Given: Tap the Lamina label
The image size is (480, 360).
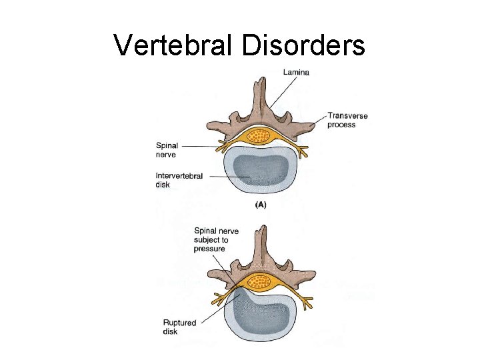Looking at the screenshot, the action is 295,72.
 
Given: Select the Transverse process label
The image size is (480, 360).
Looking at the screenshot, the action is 347,120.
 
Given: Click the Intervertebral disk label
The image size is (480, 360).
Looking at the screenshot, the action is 179,180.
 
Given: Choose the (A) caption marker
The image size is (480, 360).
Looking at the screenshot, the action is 261,205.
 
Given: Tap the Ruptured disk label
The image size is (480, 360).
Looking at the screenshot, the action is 179,327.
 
